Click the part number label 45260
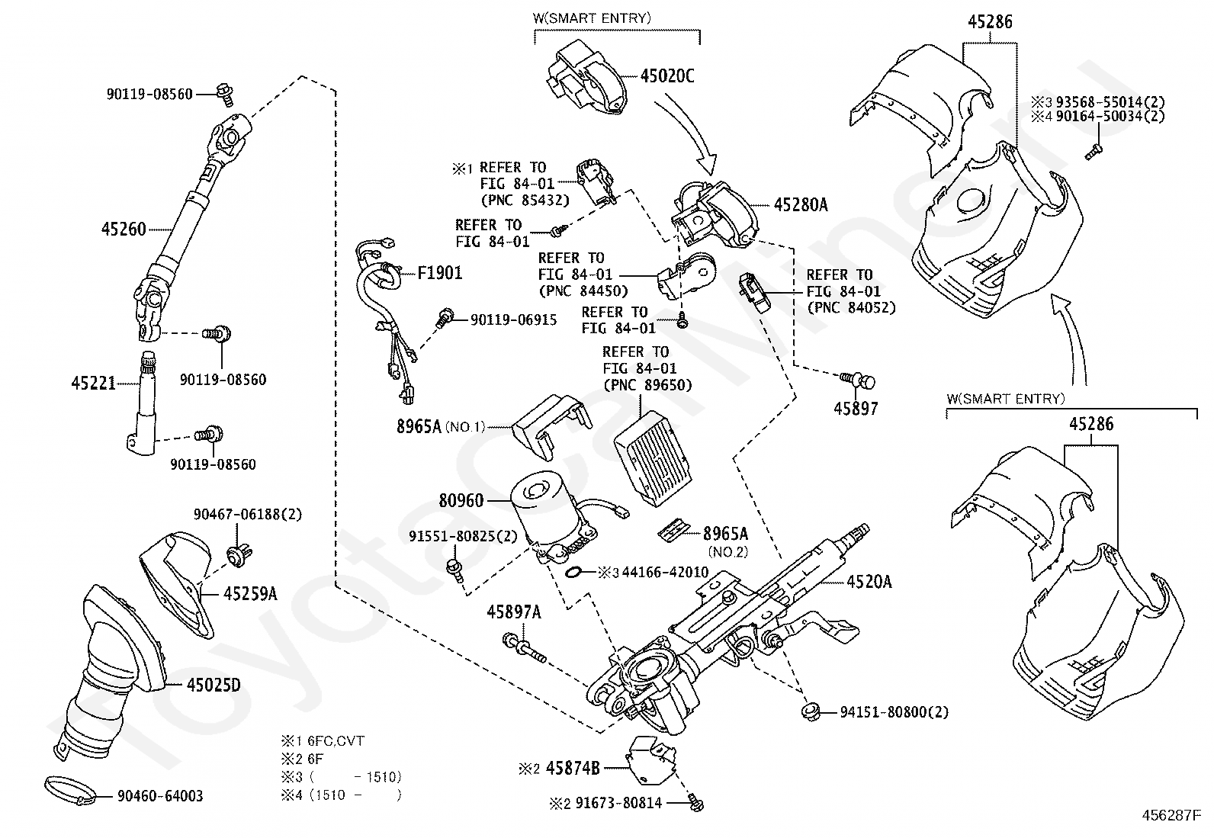point(124,228)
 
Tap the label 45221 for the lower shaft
point(94,383)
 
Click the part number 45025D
point(214,685)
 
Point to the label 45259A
point(250,593)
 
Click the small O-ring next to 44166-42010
point(576,572)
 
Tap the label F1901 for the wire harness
point(439,272)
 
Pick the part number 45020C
point(667,75)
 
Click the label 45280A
point(801,204)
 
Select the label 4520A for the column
point(869,582)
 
